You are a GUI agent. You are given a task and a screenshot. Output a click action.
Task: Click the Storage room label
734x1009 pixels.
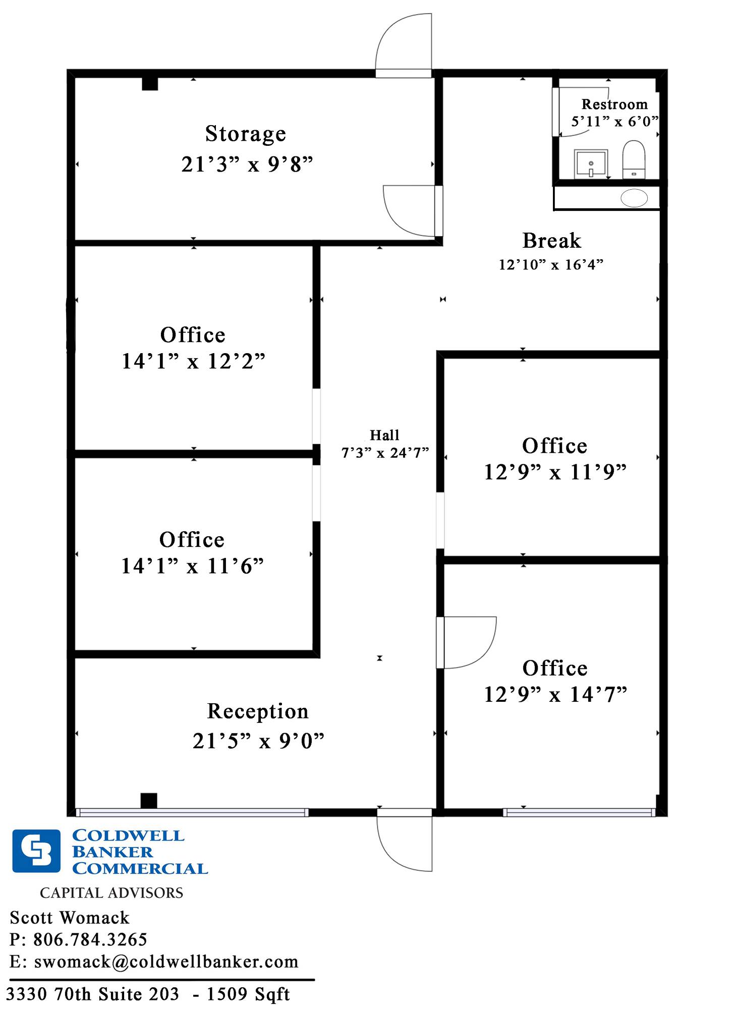[246, 134]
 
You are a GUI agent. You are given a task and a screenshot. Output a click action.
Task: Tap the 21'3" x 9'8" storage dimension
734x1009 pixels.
[247, 164]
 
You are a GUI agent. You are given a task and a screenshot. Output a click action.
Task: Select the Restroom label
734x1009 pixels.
[614, 104]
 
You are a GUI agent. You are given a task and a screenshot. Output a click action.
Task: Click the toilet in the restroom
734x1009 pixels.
[634, 159]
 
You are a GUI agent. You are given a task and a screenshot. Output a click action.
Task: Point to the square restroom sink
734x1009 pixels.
[591, 163]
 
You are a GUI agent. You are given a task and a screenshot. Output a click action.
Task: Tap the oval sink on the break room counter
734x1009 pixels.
[634, 198]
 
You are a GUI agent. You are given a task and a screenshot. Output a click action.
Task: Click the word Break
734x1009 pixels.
[552, 241]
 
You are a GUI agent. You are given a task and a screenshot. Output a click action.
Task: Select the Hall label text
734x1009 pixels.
[384, 435]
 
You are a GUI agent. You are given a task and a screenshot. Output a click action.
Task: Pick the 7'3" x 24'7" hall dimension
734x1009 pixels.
[385, 453]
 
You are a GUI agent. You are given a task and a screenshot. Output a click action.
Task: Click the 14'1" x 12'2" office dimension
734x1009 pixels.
[193, 361]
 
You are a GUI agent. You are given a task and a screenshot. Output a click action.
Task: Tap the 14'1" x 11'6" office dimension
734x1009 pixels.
[192, 566]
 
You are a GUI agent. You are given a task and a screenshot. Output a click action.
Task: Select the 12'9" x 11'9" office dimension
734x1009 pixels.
[555, 472]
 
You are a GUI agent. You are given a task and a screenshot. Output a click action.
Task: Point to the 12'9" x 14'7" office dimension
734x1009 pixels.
[555, 694]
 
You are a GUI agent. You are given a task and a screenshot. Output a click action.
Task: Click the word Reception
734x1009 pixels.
[258, 712]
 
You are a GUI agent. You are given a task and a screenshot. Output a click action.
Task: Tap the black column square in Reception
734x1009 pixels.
[149, 801]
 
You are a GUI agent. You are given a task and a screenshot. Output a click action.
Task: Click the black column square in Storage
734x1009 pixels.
[150, 83]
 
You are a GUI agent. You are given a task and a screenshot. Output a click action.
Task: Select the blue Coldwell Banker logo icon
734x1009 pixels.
[36, 851]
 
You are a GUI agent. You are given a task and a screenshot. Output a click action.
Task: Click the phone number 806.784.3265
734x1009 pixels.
[90, 939]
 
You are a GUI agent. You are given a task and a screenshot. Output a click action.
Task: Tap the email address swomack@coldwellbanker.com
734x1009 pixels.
[166, 962]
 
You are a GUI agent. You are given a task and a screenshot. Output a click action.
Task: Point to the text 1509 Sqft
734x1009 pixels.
[248, 994]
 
